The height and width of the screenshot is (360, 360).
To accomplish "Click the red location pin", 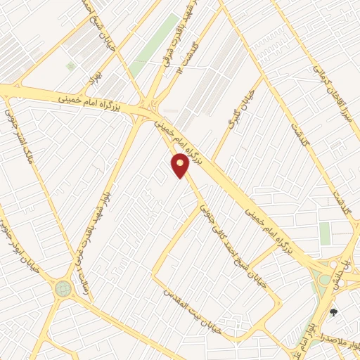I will click(181, 165).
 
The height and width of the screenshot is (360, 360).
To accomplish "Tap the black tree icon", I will click(333, 313).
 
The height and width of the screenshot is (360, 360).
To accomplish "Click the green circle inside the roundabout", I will click(63, 288).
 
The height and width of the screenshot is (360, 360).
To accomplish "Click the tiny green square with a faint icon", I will click(70, 65).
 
